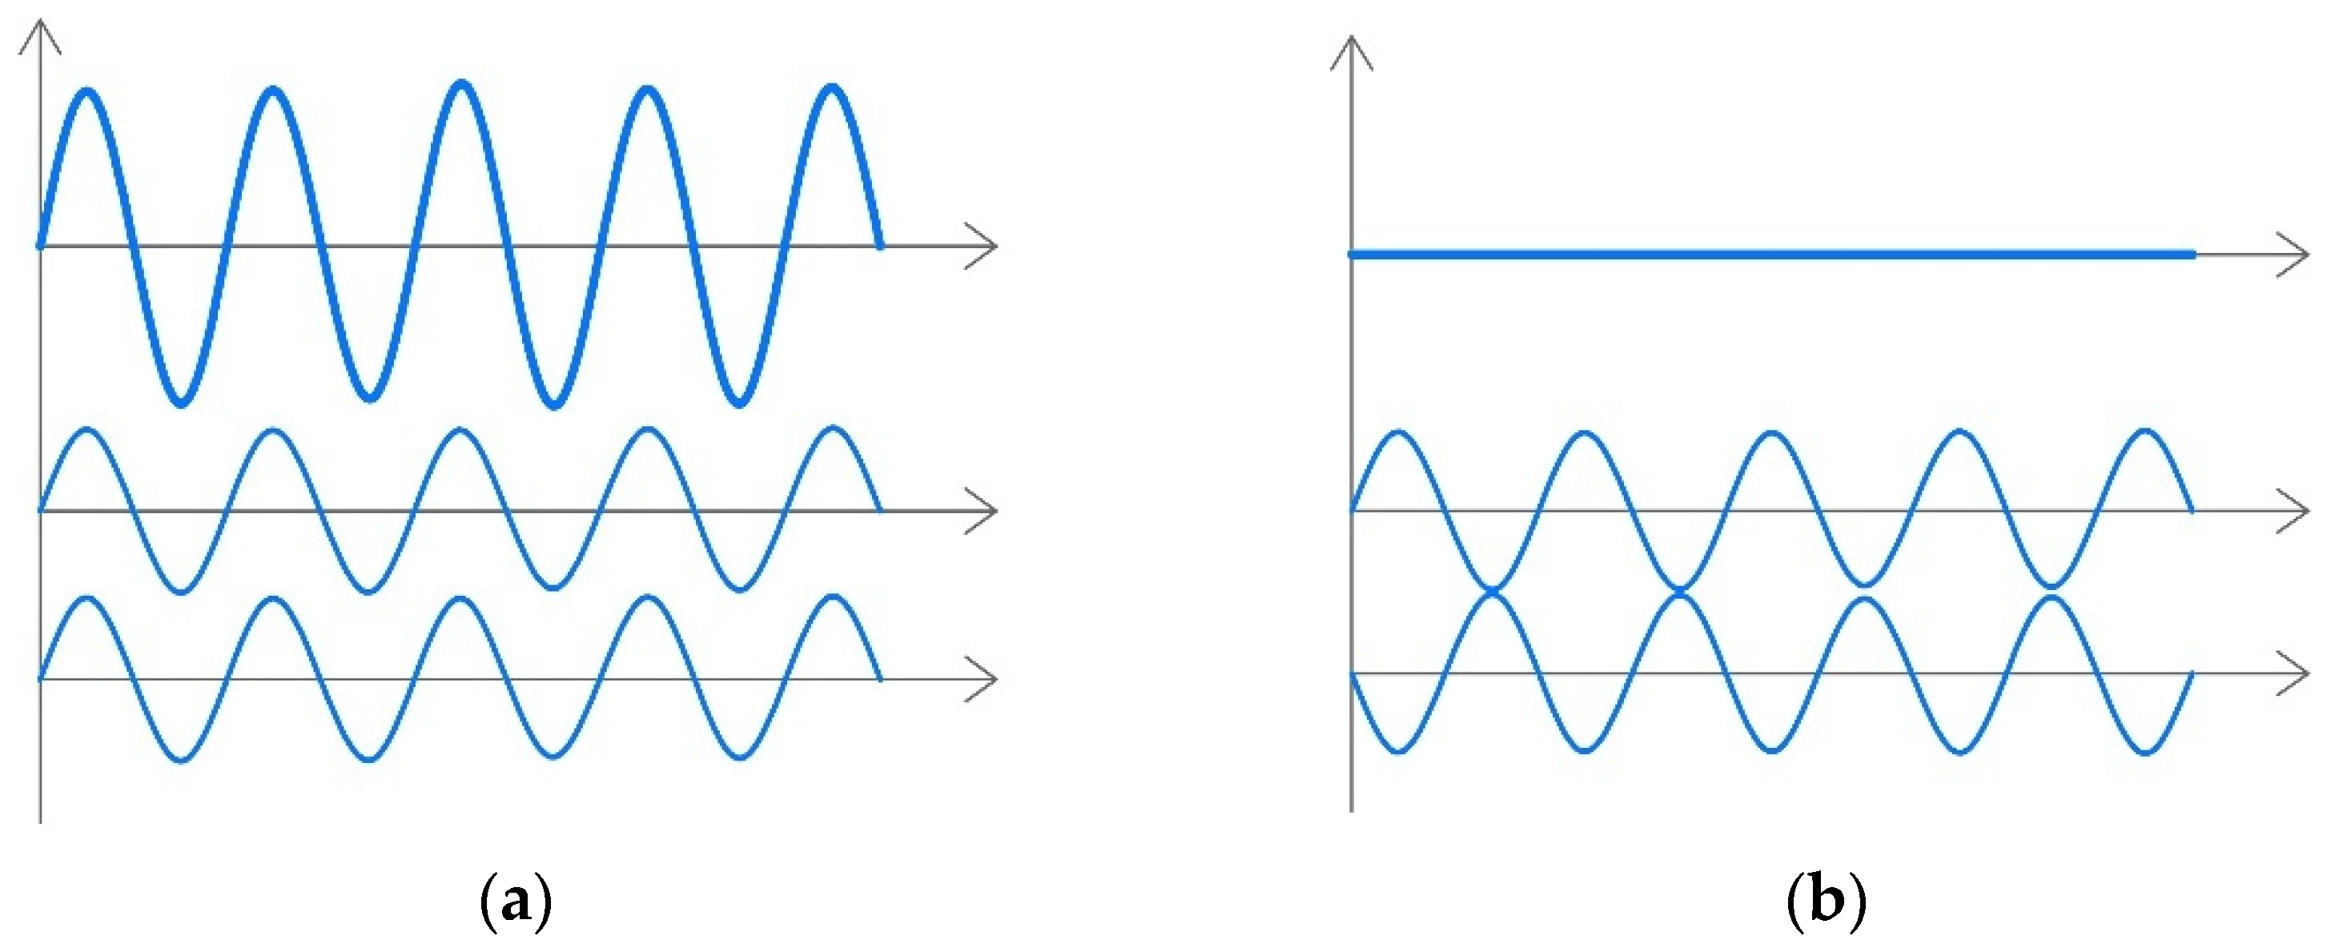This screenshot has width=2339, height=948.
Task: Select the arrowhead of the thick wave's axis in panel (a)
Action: click(984, 245)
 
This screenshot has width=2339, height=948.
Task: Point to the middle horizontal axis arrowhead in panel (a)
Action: click(984, 510)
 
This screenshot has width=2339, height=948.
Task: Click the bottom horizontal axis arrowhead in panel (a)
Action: click(984, 678)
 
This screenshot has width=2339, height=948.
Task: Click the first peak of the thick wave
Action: click(87, 90)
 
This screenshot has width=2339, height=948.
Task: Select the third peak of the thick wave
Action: click(461, 83)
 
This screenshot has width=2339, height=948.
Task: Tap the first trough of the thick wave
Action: click(182, 404)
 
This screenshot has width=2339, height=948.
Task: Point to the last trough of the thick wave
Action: click(739, 404)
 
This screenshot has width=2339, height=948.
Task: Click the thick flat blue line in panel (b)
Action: click(1770, 255)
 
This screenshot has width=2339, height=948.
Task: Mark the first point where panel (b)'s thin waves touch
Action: click(1492, 591)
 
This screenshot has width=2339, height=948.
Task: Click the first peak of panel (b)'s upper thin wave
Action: click(1398, 432)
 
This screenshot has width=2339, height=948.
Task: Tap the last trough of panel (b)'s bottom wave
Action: click(2144, 753)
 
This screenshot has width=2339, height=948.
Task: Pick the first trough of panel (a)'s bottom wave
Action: click(182, 759)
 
